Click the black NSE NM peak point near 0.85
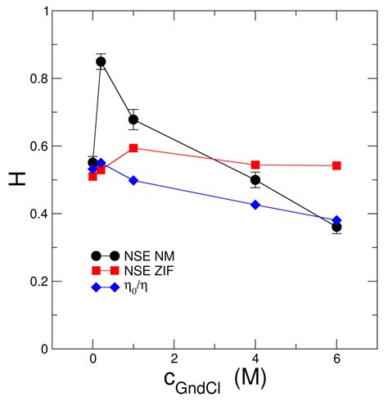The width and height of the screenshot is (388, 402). coord(102,61)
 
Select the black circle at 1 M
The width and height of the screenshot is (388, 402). coord(133,120)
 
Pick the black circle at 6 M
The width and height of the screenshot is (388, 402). coord(336,227)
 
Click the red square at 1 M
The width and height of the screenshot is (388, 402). coord(133,148)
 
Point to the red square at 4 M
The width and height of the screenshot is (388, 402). coord(255,165)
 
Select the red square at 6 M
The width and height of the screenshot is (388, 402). coord(336,165)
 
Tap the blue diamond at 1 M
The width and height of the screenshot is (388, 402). coord(133,180)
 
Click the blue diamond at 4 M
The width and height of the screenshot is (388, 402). coord(255,205)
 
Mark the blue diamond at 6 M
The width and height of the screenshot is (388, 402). coord(336,220)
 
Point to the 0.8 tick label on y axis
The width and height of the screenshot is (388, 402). coord(34,79)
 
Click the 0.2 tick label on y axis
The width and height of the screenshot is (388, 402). coord(34,282)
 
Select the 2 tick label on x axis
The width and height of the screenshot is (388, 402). coord(174,360)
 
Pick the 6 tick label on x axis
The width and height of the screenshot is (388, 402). coord(336,360)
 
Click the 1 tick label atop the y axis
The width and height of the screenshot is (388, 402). coord(39,11)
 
